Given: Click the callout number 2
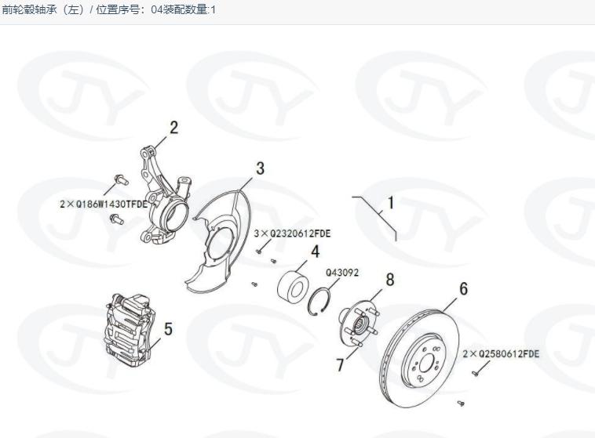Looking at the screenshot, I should [x=173, y=127].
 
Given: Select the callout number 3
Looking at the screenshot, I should [x=260, y=168].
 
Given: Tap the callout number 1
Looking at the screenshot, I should [x=390, y=204].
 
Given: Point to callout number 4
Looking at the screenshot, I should [x=315, y=252].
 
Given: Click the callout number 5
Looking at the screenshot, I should [x=168, y=329].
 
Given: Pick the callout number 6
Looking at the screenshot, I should [x=463, y=289].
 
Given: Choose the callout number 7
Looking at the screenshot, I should [x=340, y=364].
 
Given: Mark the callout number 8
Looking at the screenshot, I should [x=389, y=279].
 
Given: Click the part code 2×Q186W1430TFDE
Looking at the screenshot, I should [x=104, y=204].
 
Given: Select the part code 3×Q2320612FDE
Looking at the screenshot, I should [x=292, y=233].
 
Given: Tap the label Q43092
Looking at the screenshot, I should [x=342, y=273].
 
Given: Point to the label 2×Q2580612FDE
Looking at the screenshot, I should [x=501, y=354].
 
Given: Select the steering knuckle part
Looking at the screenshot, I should [x=165, y=196].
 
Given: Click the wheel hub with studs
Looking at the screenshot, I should [x=357, y=323].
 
